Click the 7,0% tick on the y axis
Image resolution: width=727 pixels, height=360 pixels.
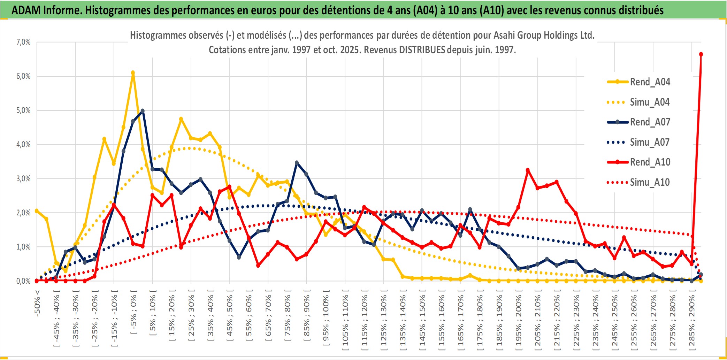click(23, 42)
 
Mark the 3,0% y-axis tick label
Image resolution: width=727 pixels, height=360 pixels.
click(23, 179)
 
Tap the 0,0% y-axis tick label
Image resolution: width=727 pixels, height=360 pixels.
click(23, 281)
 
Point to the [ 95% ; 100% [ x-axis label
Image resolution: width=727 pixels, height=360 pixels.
click(326, 321)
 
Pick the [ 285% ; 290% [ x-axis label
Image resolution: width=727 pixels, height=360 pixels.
click(692, 322)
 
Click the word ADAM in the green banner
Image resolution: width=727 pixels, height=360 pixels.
click(26, 10)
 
